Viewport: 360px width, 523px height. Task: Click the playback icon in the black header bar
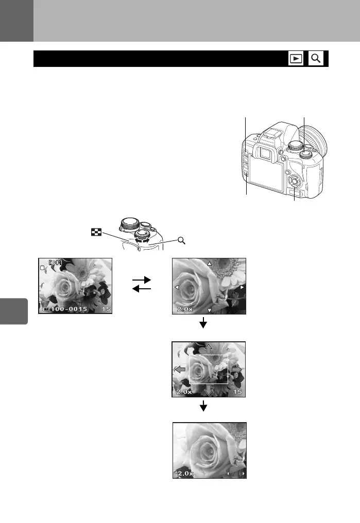pyautogui.click(x=295, y=59)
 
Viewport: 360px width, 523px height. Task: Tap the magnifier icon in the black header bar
pyautogui.click(x=316, y=59)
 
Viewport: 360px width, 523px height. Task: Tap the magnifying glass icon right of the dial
pyautogui.click(x=181, y=239)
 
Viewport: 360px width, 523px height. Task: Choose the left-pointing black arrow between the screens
pyautogui.click(x=142, y=289)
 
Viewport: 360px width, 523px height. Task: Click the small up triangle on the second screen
pyautogui.click(x=209, y=264)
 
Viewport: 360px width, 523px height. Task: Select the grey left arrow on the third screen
pyautogui.click(x=180, y=369)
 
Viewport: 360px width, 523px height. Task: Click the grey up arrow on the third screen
pyautogui.click(x=209, y=347)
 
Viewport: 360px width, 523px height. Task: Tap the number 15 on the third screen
pyautogui.click(x=237, y=392)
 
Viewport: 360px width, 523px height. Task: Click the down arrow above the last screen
pyautogui.click(x=203, y=407)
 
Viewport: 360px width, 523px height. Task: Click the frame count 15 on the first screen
pyautogui.click(x=106, y=309)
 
